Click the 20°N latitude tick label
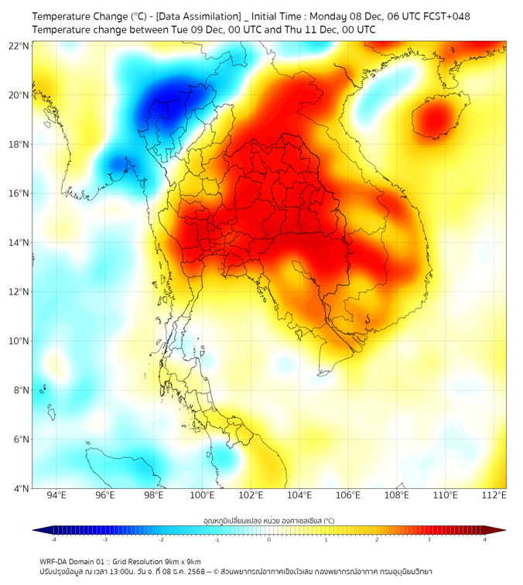[x=19, y=95]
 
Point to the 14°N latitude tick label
[x=19, y=242]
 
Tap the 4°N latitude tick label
[x=21, y=488]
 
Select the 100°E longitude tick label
[x=202, y=495]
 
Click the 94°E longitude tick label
[x=56, y=495]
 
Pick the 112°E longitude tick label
[x=495, y=495]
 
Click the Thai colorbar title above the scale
[x=268, y=520]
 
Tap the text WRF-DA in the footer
[x=55, y=561]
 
